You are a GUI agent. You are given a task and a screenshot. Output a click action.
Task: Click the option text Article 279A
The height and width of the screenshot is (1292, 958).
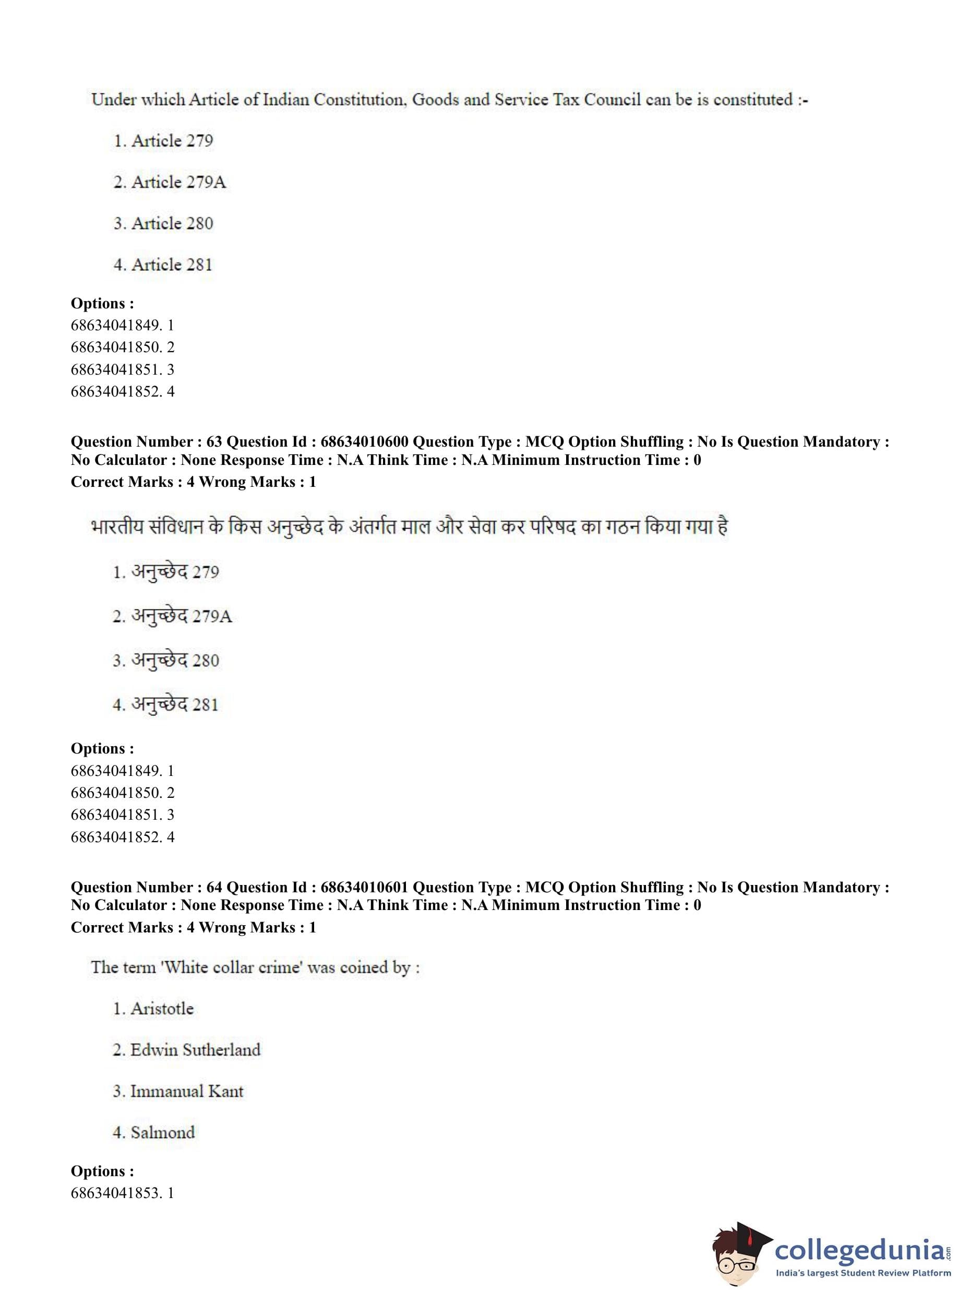tap(178, 182)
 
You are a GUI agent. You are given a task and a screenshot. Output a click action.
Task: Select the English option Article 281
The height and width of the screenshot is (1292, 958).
tap(172, 265)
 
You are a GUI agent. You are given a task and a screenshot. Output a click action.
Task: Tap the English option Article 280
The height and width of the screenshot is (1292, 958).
tap(172, 223)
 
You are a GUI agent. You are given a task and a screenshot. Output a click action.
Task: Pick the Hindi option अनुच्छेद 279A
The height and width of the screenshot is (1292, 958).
tap(181, 616)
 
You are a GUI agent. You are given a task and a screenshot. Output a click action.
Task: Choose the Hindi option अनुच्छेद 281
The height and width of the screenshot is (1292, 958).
tap(175, 704)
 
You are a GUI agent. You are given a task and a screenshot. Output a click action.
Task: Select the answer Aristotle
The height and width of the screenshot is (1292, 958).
tap(162, 1009)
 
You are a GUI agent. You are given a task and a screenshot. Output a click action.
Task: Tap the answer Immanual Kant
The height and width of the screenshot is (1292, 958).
tap(187, 1091)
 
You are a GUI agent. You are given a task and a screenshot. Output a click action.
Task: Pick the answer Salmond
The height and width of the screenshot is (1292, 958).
tap(162, 1132)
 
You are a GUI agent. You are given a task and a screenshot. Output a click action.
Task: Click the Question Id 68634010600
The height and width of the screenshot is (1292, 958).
tap(364, 442)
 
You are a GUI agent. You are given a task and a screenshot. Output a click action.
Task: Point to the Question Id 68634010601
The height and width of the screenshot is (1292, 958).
tap(364, 887)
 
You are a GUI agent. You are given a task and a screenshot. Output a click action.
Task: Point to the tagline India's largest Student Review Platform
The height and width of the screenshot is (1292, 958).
tap(863, 1274)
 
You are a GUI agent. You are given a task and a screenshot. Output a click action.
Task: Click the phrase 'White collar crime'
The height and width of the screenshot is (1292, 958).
tap(234, 967)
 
